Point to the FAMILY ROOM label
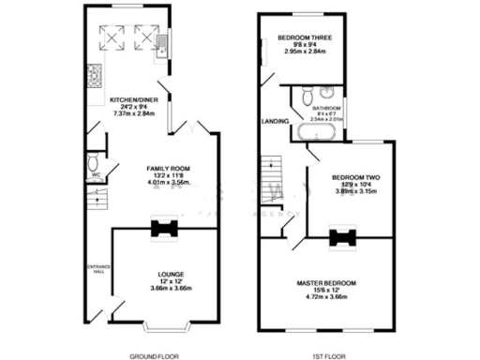[x=168, y=169]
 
